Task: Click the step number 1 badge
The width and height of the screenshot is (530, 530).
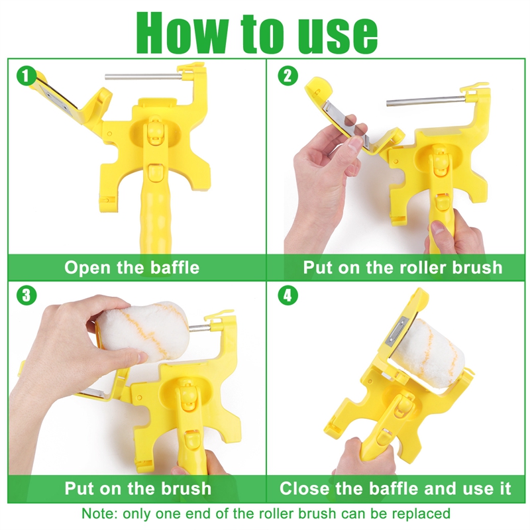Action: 26,76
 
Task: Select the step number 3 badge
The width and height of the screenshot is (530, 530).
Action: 26,295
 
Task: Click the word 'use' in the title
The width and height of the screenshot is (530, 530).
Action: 338,33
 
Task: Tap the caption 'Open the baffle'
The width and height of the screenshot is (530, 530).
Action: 132,268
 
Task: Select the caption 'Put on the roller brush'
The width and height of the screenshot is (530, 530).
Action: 403,268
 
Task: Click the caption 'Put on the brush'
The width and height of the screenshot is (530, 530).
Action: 137,489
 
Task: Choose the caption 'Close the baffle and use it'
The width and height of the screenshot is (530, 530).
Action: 396,489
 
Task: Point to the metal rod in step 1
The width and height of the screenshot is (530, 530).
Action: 142,77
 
